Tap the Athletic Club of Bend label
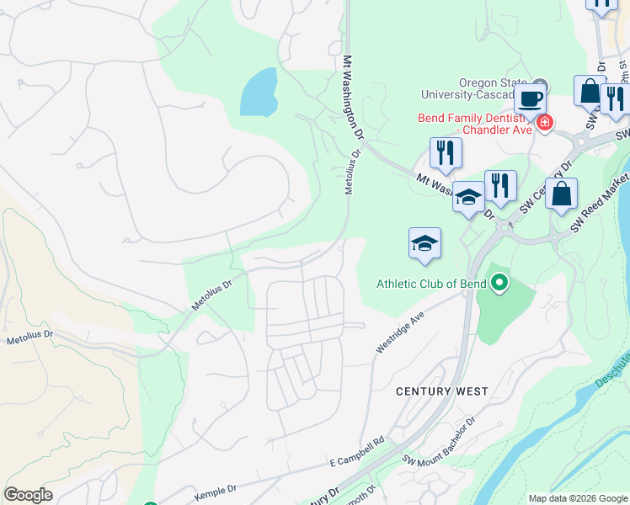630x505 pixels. click(x=430, y=284)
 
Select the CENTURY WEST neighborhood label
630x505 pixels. click(x=441, y=391)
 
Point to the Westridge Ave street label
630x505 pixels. click(x=397, y=335)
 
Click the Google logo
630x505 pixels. click(x=28, y=495)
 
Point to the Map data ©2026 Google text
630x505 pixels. click(x=577, y=498)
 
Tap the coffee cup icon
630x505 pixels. click(x=531, y=98)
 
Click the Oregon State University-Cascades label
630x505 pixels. click(x=490, y=88)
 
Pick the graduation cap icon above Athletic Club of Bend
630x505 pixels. click(x=424, y=242)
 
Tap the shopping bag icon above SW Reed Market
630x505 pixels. click(x=561, y=193)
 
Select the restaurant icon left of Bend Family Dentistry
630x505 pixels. click(x=446, y=152)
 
